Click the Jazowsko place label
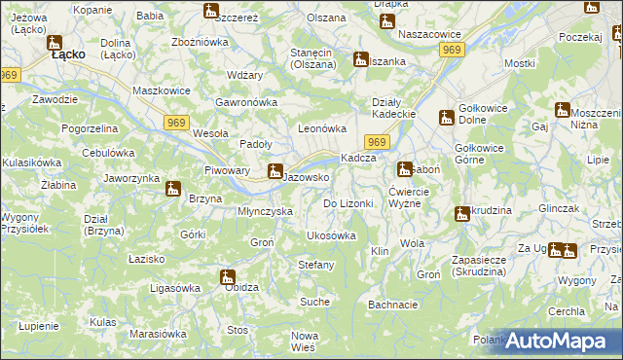tap(311, 178)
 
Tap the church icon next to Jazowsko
tap(275, 172)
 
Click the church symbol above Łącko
tap(54, 43)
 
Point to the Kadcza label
tap(357, 159)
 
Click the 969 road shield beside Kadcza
tap(379, 143)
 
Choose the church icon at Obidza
tap(227, 276)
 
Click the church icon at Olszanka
tap(360, 59)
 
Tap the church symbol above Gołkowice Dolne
tap(446, 118)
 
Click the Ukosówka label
tap(331, 235)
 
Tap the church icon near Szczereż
tap(211, 12)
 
